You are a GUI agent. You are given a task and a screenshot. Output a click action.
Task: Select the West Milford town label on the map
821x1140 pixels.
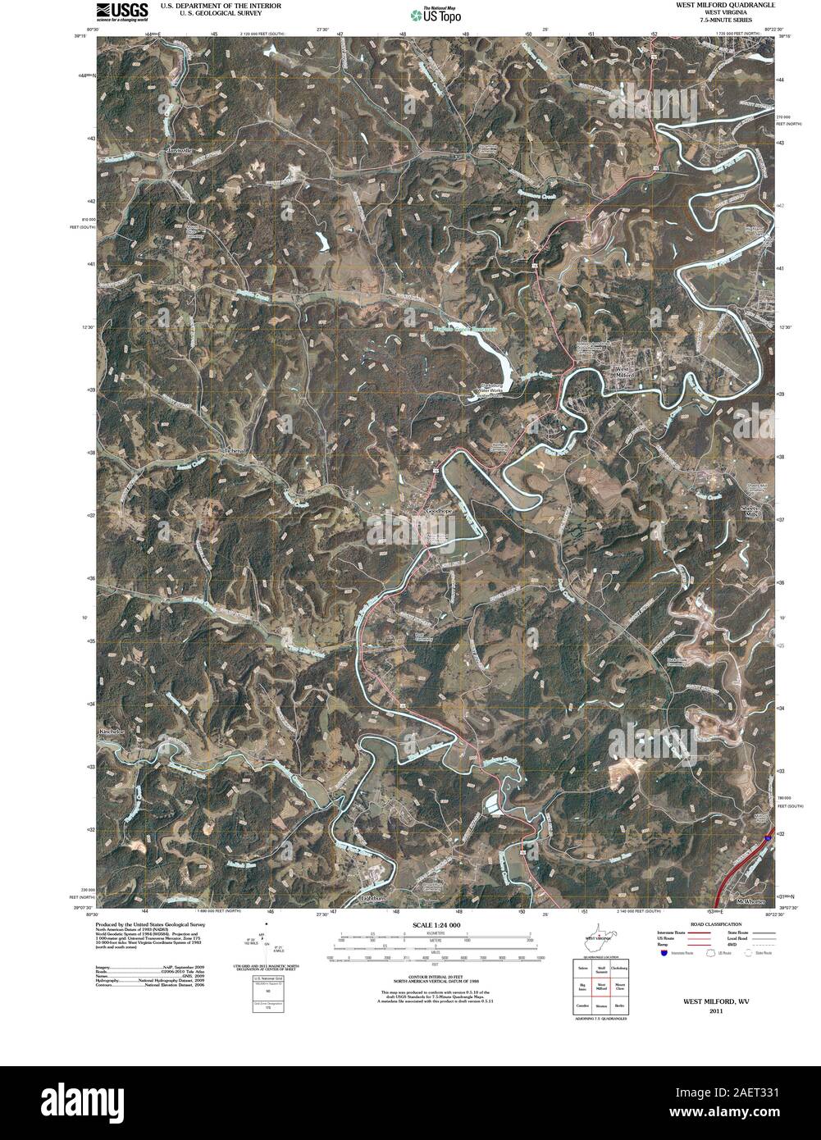(x=625, y=372)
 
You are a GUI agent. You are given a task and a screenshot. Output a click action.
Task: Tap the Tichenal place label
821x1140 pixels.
(x=235, y=452)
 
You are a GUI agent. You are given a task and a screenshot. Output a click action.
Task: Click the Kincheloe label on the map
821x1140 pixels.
(x=110, y=731)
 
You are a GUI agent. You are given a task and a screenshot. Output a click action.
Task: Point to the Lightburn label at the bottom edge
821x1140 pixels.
(x=372, y=898)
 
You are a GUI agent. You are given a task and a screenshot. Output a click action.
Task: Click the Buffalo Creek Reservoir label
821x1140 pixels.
(x=466, y=326)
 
